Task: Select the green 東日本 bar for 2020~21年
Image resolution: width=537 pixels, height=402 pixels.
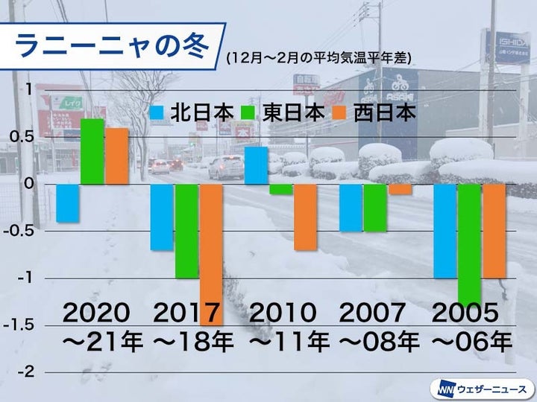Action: pyautogui.click(x=92, y=151)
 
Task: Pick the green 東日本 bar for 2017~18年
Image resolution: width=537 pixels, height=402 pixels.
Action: pyautogui.click(x=186, y=231)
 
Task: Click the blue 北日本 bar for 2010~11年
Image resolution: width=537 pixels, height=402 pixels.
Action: pyautogui.click(x=257, y=165)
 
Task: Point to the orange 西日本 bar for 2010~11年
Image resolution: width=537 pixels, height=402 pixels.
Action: pyautogui.click(x=306, y=217)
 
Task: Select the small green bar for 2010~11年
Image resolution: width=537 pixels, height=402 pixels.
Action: pyautogui.click(x=281, y=189)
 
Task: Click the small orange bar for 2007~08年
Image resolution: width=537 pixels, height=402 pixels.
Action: pyautogui.click(x=400, y=189)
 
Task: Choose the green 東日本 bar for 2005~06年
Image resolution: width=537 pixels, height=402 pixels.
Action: pyautogui.click(x=469, y=239)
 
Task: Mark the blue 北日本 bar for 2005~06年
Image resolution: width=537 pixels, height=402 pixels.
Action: pyautogui.click(x=445, y=231)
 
